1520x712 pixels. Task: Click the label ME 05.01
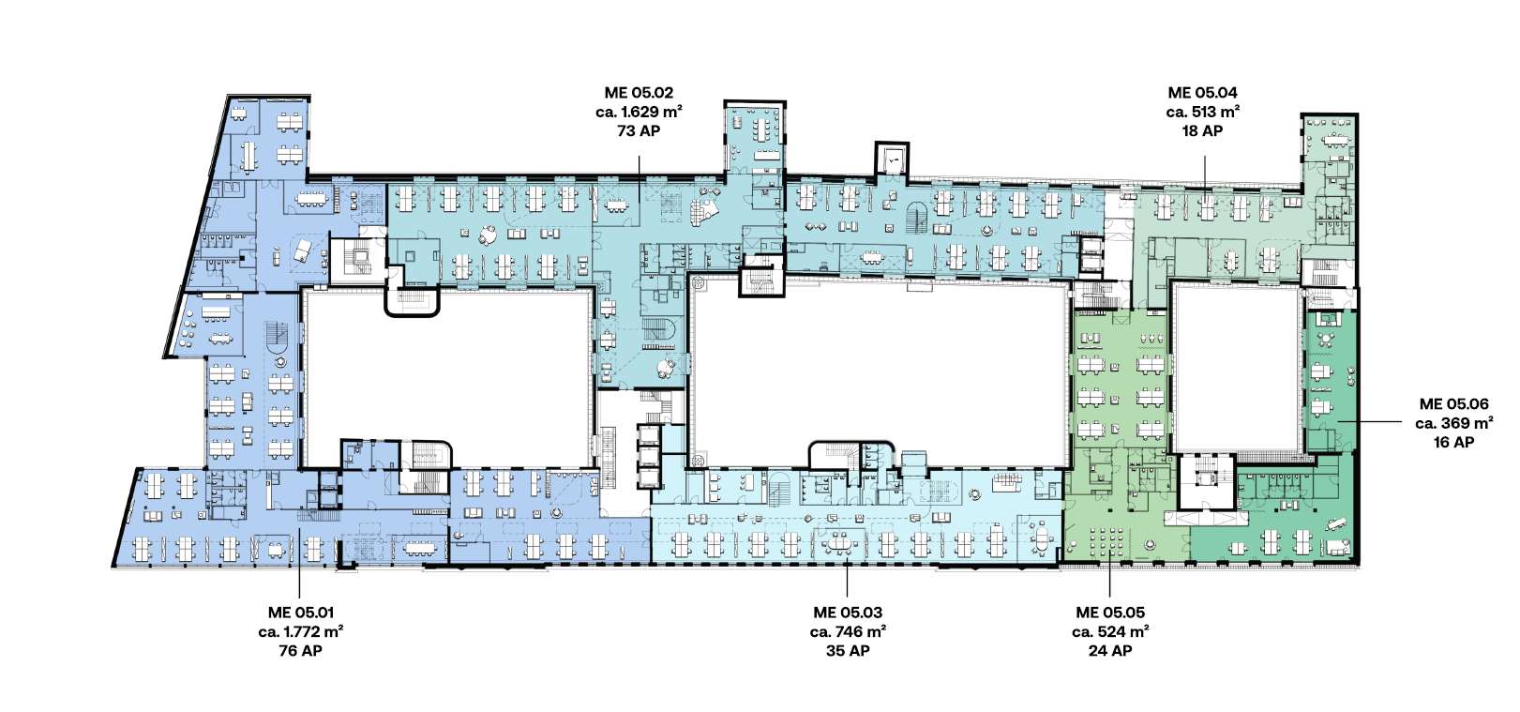[x=301, y=613]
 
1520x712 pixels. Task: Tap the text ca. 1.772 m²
[x=301, y=632]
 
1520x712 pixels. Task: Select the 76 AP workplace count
[x=301, y=651]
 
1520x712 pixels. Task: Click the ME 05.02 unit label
[x=639, y=93]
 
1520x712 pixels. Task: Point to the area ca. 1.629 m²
[x=639, y=112]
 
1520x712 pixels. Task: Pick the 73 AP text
[x=639, y=131]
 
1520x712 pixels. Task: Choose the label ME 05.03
[x=848, y=613]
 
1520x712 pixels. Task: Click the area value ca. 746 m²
[x=848, y=632]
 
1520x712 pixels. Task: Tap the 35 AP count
[x=848, y=651]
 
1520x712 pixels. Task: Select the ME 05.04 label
[x=1202, y=93]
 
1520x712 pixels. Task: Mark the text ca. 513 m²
[x=1202, y=112]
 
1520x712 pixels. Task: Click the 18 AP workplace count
[x=1202, y=131]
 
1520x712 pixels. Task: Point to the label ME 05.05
[x=1110, y=613]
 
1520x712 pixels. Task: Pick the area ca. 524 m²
[x=1110, y=632]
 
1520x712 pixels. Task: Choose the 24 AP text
[x=1110, y=651]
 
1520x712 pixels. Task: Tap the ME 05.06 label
[x=1453, y=404]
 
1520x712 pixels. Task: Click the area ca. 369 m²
[x=1453, y=423]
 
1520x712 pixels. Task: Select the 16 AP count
[x=1453, y=443]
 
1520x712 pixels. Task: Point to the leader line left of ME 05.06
[x=1369, y=421]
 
